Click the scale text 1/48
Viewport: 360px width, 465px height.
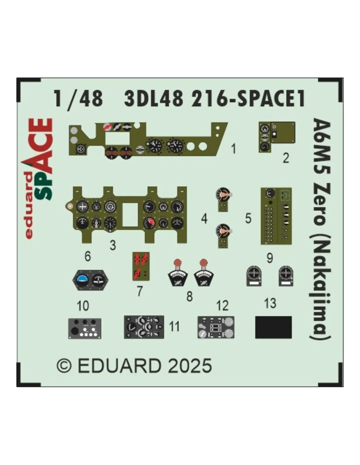[x=79, y=99]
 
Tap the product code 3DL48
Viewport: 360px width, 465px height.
[x=154, y=99]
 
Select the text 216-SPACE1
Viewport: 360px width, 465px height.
[x=248, y=99]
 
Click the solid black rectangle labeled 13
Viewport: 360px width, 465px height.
[x=273, y=327]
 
